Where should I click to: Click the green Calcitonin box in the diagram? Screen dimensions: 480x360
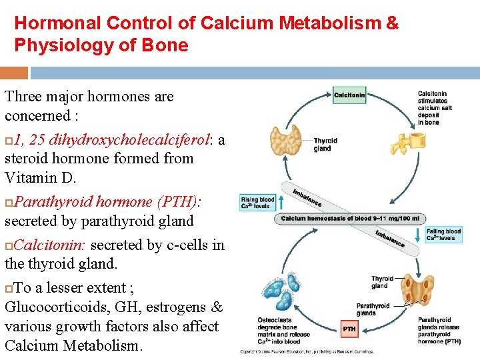coord(349,95)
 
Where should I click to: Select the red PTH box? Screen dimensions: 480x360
coord(349,328)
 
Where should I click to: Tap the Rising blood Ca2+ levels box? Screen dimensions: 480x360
coord(257,203)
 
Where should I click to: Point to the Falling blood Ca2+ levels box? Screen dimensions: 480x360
coord(443,235)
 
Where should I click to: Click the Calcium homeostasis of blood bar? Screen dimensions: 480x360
coord(350,218)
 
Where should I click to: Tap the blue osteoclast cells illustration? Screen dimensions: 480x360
coord(281,295)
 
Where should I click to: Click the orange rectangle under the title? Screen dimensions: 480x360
coord(14,72)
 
